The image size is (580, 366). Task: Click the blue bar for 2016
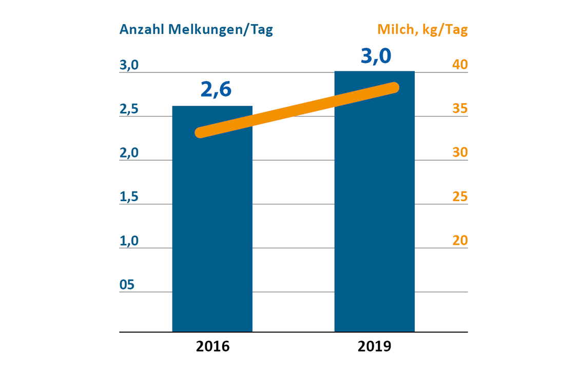(x=212, y=231)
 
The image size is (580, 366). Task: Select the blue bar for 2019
(x=374, y=216)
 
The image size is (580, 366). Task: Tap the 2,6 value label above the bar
(x=216, y=89)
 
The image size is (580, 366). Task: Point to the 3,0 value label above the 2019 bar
(x=376, y=55)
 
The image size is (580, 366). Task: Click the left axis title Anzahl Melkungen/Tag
(x=196, y=29)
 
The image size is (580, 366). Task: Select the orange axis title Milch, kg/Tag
(x=422, y=29)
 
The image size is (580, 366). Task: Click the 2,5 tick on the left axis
(x=129, y=109)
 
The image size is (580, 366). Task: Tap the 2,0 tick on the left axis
(x=129, y=152)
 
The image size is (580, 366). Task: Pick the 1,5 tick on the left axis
(x=129, y=197)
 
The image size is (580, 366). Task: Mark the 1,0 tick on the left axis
(x=129, y=240)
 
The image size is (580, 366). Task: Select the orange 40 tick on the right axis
(x=460, y=65)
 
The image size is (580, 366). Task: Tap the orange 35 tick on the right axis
(x=460, y=109)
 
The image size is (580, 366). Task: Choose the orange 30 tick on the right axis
(x=460, y=152)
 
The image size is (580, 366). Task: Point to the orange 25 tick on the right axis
(x=460, y=197)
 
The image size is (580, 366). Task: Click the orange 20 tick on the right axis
(x=460, y=240)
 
